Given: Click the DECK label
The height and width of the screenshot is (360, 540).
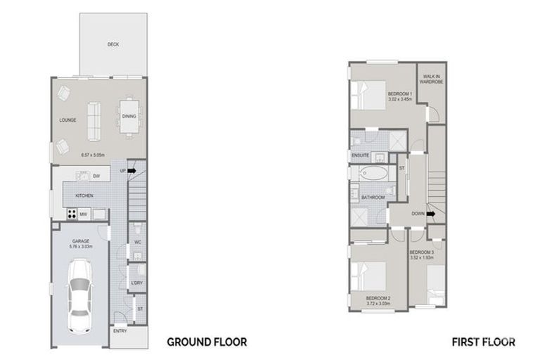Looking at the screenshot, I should [113, 44].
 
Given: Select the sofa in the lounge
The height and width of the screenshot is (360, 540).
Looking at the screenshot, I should [93, 120].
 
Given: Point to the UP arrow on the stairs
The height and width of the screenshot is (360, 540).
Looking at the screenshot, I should [131, 170].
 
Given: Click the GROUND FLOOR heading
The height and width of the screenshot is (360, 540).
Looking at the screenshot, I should [207, 342].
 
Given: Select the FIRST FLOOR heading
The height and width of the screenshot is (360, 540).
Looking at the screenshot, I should [484, 342].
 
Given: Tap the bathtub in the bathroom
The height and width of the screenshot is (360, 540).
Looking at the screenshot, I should [373, 173].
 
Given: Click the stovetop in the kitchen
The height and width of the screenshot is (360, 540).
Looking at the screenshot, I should [72, 214].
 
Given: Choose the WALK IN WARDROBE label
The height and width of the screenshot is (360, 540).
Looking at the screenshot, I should [430, 78].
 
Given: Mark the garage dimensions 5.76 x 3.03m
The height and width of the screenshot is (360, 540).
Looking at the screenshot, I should [79, 247].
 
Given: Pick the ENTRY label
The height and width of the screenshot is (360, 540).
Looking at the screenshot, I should [119, 331].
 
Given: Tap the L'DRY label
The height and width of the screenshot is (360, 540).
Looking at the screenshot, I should [137, 283].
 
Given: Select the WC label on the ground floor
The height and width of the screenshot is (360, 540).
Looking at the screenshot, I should [138, 242].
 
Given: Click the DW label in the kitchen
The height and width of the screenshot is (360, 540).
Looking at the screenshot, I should [96, 176].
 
